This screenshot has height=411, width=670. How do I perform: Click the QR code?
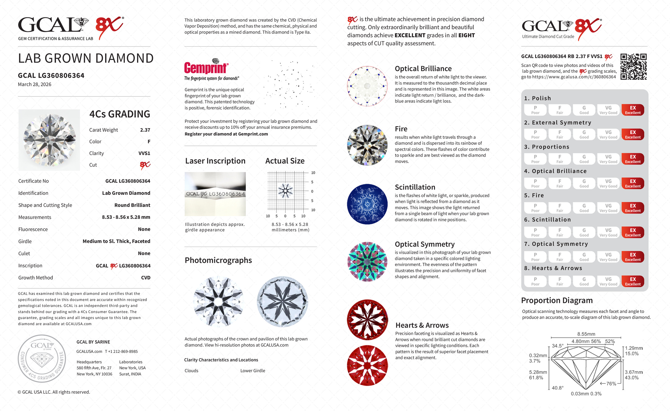click(x=633, y=67)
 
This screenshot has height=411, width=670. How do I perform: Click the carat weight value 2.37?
click(x=145, y=130)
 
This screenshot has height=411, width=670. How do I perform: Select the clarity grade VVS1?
click(x=144, y=153)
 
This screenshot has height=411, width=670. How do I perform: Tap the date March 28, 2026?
click(x=34, y=84)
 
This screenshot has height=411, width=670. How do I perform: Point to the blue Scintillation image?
click(x=367, y=204)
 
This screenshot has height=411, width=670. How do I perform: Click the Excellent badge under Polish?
click(x=633, y=110)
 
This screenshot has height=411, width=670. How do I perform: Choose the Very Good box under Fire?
click(x=608, y=208)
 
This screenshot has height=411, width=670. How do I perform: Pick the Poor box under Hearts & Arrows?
click(x=535, y=281)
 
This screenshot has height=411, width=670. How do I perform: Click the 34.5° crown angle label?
click(x=558, y=346)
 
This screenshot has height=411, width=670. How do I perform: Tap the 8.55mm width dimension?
click(x=586, y=334)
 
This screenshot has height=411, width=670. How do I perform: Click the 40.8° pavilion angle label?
click(x=557, y=388)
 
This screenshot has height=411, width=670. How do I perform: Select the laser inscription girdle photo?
click(x=215, y=194)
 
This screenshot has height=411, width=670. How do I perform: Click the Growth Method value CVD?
click(x=146, y=278)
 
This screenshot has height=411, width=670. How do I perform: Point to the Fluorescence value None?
click(x=144, y=229)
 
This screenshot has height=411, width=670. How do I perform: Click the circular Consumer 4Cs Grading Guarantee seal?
click(x=42, y=358)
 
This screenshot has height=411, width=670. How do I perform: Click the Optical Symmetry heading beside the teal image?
click(x=425, y=244)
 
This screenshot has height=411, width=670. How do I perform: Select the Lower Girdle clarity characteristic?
click(x=252, y=371)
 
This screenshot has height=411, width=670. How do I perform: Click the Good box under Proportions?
click(x=584, y=159)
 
